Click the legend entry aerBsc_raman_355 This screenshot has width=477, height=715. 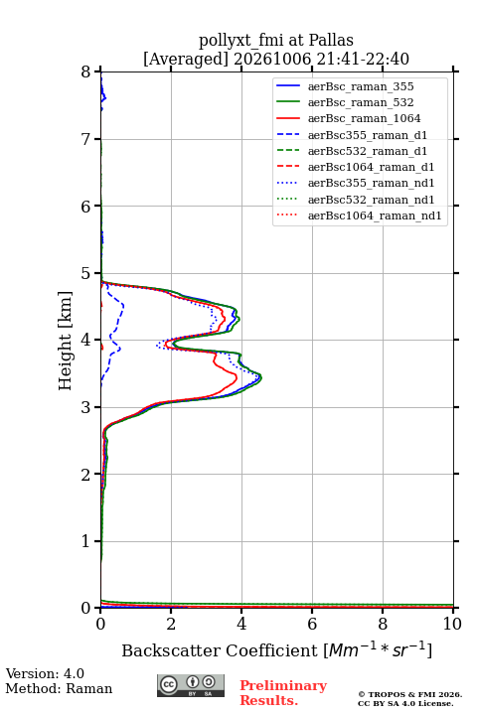point(361,86)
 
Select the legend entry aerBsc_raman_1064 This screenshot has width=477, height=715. point(365,118)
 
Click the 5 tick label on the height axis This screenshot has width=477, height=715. point(86,273)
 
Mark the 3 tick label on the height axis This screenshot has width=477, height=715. point(86,407)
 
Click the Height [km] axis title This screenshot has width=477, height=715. point(65,341)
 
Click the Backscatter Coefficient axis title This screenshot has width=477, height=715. point(276,649)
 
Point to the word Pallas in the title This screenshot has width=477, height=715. point(331,40)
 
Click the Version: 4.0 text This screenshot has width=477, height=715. point(45,673)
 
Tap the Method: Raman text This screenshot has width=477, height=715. point(59,688)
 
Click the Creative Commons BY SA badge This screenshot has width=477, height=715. point(191,685)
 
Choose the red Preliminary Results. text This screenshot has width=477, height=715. point(283,693)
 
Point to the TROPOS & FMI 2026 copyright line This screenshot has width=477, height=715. point(409,694)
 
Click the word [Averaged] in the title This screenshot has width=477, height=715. point(186,59)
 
